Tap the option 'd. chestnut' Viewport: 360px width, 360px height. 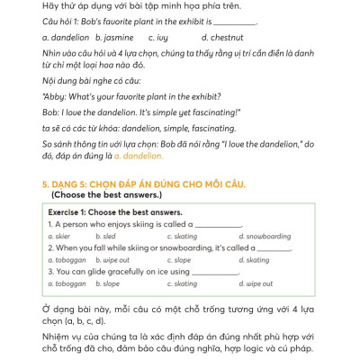pos(220,37)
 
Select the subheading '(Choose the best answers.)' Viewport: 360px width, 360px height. pos(106,194)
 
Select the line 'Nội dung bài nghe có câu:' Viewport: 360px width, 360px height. pos(86,79)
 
